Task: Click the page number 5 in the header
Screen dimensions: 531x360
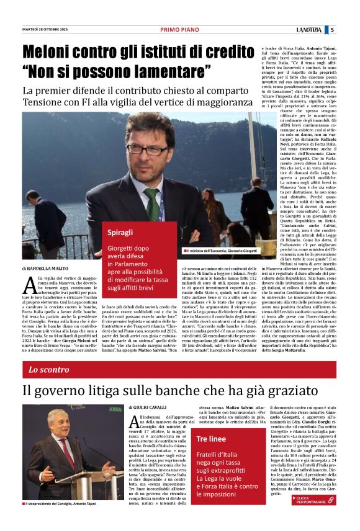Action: point(332,30)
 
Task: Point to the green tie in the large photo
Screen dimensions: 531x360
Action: point(151,204)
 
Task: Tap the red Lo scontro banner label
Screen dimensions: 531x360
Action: point(49,370)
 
